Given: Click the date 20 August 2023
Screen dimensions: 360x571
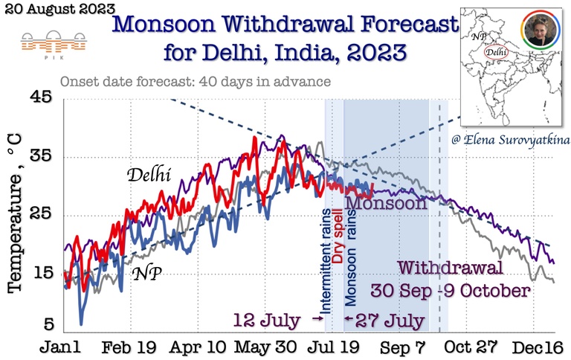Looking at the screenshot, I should (58, 10).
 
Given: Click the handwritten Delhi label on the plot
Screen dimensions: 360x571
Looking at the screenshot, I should (148, 176).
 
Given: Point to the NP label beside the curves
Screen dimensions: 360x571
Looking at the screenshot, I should (148, 273).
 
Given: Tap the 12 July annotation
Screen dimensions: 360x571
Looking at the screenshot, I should (267, 321).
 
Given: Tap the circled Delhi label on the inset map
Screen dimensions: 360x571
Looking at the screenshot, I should (496, 52).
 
